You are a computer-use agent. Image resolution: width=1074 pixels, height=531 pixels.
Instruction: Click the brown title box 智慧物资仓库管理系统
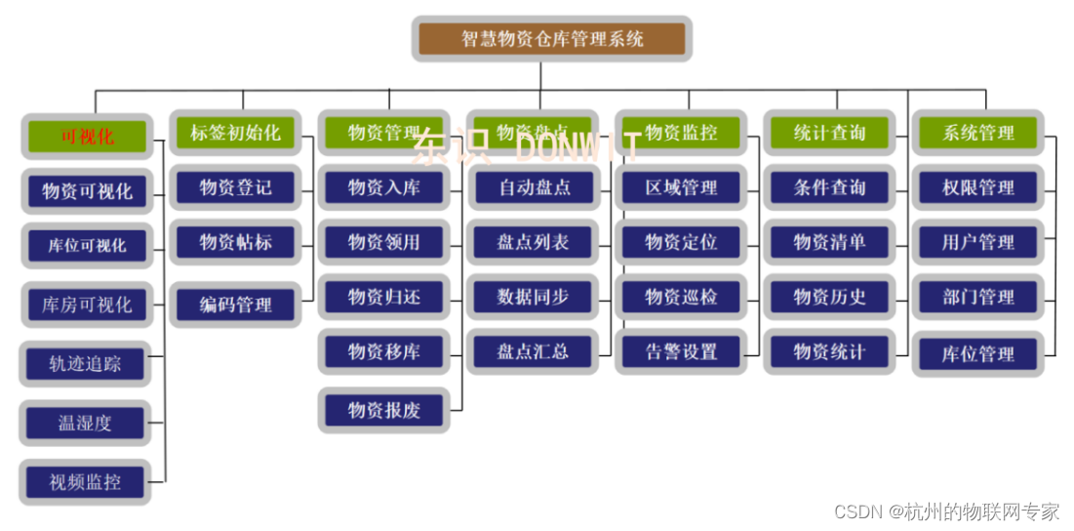point(552,39)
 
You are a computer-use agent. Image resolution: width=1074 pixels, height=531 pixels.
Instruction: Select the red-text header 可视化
point(87,136)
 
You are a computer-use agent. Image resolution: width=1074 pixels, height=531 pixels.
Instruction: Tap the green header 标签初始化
point(235,133)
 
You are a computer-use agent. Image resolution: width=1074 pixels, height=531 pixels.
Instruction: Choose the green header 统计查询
point(829,133)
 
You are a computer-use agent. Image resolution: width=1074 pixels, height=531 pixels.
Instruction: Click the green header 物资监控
point(681,133)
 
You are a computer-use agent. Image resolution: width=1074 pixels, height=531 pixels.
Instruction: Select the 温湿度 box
point(86,424)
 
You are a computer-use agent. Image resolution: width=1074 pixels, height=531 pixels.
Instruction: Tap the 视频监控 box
point(86,481)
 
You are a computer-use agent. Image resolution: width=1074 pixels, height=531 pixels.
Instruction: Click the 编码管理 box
point(235,305)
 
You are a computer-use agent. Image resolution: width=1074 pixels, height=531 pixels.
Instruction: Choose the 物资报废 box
point(384,410)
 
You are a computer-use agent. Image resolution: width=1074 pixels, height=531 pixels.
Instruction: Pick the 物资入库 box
point(384,187)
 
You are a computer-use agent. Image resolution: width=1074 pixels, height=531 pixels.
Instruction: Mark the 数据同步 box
point(533,297)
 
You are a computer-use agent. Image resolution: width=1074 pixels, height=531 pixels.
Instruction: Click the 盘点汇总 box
point(533,351)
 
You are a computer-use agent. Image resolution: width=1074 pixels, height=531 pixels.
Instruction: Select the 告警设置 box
point(681,351)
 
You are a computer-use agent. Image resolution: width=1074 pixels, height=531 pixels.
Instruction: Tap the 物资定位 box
point(681,242)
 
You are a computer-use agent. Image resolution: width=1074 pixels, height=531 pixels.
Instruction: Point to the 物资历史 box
point(829,297)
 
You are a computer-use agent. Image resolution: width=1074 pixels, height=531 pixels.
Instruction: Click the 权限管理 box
point(977,187)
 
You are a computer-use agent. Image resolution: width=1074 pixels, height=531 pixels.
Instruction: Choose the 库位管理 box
point(977,354)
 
